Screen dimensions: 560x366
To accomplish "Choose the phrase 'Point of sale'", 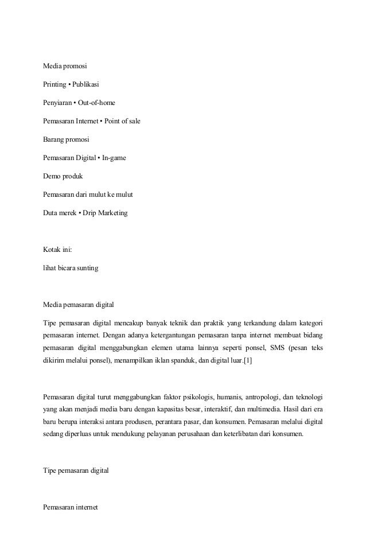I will (x=122, y=122).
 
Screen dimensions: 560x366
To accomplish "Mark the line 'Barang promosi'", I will (x=67, y=139).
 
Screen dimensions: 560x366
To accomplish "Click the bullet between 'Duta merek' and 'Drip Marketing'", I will (x=77, y=213).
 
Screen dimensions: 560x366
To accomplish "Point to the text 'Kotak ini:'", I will (x=58, y=250).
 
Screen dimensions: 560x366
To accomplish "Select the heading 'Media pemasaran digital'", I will (x=81, y=304).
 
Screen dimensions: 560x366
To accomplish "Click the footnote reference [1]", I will (x=247, y=359).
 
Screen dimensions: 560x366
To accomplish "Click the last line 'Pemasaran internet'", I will (x=71, y=508).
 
